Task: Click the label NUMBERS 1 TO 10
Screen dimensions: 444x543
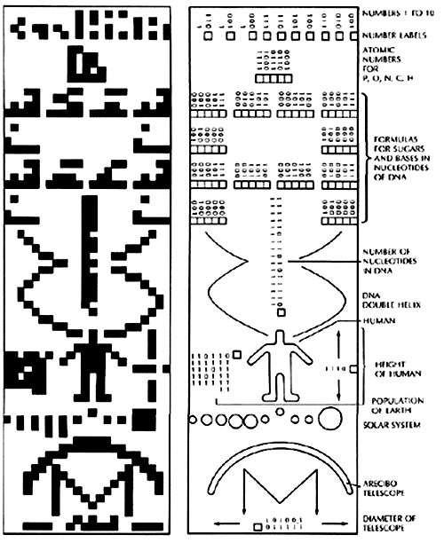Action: [x=398, y=13]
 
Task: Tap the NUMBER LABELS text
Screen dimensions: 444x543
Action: [x=394, y=35]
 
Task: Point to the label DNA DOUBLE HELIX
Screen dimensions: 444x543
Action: [x=392, y=300]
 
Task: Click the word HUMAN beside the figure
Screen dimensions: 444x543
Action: [x=379, y=320]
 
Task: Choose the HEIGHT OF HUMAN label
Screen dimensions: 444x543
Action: [x=398, y=369]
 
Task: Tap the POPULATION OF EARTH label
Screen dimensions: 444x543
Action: [x=398, y=405]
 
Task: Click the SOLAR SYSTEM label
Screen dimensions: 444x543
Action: [x=392, y=425]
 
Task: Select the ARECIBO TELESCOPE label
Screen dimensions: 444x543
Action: [x=384, y=488]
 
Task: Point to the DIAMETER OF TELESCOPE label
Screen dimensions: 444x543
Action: [x=389, y=523]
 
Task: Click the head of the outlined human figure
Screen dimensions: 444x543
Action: [x=280, y=336]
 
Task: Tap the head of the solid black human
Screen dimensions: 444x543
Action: [x=93, y=336]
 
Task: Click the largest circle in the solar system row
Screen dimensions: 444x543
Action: [x=330, y=418]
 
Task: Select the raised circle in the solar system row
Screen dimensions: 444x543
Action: [x=280, y=412]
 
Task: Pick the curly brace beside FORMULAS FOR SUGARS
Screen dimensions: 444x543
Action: [x=367, y=158]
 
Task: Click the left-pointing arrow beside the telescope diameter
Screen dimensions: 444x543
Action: [x=226, y=523]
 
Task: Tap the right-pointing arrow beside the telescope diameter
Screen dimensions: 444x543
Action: [x=335, y=523]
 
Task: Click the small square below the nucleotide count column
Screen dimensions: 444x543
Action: [x=281, y=312]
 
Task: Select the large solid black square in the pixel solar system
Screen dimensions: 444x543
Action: [x=145, y=420]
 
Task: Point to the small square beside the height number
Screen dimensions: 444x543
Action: [x=353, y=369]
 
